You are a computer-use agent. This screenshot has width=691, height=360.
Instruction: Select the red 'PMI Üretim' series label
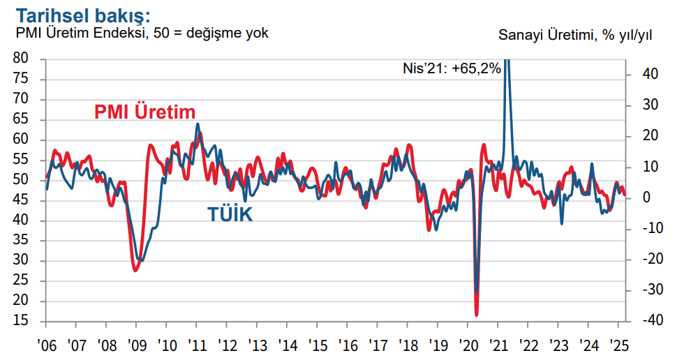[x=144, y=112]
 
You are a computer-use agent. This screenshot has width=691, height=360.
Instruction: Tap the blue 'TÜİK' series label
[x=230, y=214]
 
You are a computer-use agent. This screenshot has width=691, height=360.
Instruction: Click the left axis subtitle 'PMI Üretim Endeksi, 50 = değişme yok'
[x=142, y=33]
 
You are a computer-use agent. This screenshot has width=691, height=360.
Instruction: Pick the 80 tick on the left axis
[x=22, y=59]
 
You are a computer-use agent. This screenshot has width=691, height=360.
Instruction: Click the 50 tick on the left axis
[x=22, y=180]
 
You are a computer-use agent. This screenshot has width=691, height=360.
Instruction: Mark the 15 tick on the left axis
[x=22, y=321]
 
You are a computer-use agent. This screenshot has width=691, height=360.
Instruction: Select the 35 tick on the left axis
[x=22, y=241]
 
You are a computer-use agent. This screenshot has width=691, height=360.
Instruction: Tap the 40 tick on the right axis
[x=642, y=74]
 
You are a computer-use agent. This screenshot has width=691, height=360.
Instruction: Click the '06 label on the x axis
[x=46, y=345]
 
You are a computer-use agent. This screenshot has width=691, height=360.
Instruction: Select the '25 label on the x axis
[x=618, y=345]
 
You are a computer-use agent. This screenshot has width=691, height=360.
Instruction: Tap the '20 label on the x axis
[x=468, y=345]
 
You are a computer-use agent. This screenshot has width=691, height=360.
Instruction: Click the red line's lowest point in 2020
[x=476, y=314]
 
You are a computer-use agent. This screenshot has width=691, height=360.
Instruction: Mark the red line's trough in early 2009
[x=135, y=270]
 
